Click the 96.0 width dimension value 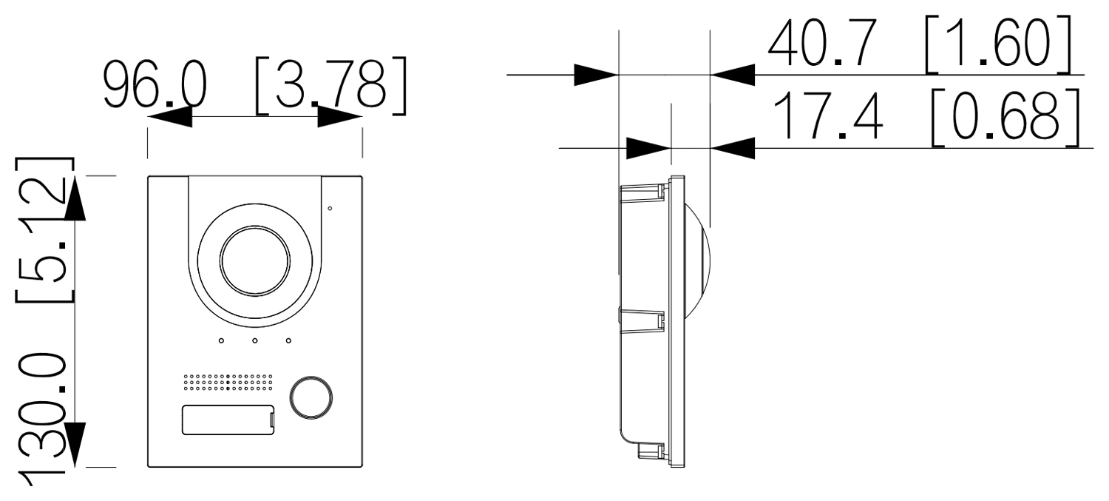155,85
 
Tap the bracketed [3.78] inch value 330,86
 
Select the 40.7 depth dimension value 822,43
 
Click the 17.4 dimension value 828,115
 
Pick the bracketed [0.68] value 1005,118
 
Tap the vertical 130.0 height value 41,420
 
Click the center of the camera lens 254,262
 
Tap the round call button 311,398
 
